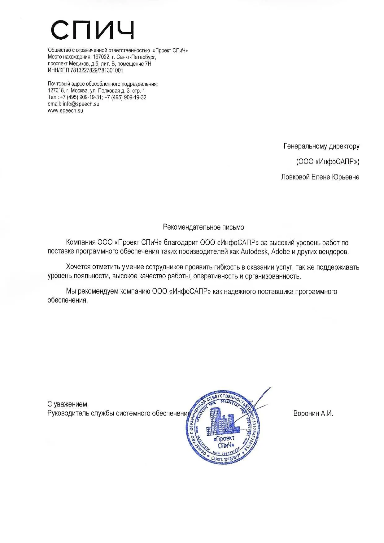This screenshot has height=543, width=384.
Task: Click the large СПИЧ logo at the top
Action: pos(92,30)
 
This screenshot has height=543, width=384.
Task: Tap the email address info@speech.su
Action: pos(81,104)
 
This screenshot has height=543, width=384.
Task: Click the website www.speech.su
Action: pos(65,111)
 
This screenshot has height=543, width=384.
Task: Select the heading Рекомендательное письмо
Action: pos(203,227)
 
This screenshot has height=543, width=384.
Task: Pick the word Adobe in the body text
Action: pos(281,251)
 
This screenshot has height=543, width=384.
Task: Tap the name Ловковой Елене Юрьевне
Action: pos(320,177)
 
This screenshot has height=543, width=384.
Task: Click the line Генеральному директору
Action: pos(321,146)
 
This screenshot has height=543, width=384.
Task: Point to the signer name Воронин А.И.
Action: pos(313,413)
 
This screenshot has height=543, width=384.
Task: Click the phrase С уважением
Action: pos(68,404)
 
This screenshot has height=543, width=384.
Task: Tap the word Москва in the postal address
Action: pos(80,91)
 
